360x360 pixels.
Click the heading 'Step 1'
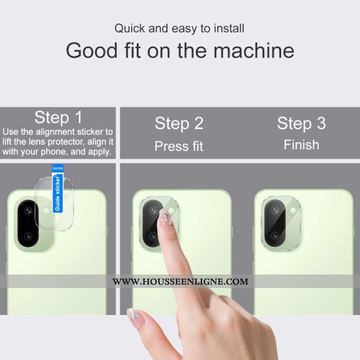pos(58,117)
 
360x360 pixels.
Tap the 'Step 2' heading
pos(179,124)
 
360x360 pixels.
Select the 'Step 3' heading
pos(301,123)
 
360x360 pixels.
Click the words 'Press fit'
pos(179,146)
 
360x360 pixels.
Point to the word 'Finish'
pos(301,145)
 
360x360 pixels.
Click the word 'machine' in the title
pos(254,50)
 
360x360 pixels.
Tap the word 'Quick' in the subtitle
pos(130,28)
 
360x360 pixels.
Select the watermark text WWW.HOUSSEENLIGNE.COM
pos(180,282)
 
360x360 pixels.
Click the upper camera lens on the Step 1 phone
pos(28,210)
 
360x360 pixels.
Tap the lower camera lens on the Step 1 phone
pos(28,236)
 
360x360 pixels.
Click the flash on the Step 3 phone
pos(293,210)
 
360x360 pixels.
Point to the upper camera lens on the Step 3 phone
pos(274,210)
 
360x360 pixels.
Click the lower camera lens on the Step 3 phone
pos(274,236)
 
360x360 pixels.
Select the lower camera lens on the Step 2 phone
pos(153,236)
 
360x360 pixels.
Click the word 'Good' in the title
pos(92,50)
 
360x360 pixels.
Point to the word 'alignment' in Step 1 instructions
pos(55,132)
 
